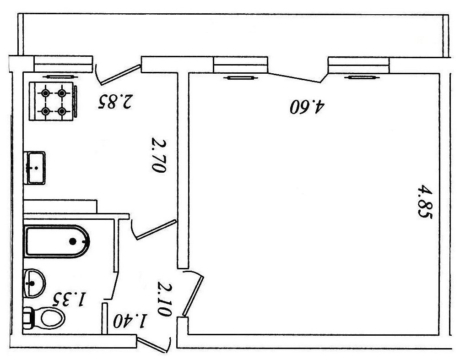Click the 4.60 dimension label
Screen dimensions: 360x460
pyautogui.click(x=307, y=107)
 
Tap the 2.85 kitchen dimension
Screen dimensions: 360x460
pyautogui.click(x=115, y=101)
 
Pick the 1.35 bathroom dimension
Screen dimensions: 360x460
pyautogui.click(x=69, y=300)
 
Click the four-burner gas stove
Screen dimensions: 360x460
pyautogui.click(x=53, y=102)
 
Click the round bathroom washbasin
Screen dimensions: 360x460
pyautogui.click(x=33, y=283)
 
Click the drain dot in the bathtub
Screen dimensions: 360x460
pyautogui.click(x=73, y=241)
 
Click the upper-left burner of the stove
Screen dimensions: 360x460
pyautogui.click(x=45, y=93)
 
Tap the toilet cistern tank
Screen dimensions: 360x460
pyautogui.click(x=28, y=317)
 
